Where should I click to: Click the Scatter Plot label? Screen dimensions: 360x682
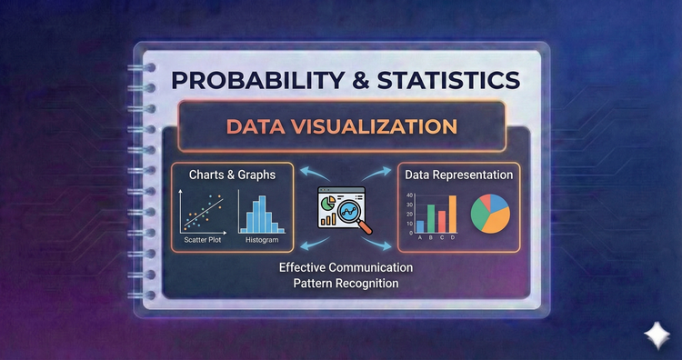pyautogui.click(x=203, y=243)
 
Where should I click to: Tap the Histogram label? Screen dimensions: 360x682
pyautogui.click(x=260, y=243)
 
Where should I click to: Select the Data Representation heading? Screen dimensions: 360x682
pyautogui.click(x=457, y=174)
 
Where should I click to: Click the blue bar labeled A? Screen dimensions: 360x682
pyautogui.click(x=420, y=225)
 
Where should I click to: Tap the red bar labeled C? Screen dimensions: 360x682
pyautogui.click(x=442, y=218)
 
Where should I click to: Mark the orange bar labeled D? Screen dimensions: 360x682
pyautogui.click(x=452, y=212)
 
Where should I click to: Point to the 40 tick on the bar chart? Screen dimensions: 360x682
pyautogui.click(x=409, y=195)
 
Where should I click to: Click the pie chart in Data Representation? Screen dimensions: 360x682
pyautogui.click(x=490, y=213)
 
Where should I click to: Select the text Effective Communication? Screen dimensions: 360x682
pyautogui.click(x=346, y=268)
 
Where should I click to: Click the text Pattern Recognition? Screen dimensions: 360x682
pyautogui.click(x=346, y=285)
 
